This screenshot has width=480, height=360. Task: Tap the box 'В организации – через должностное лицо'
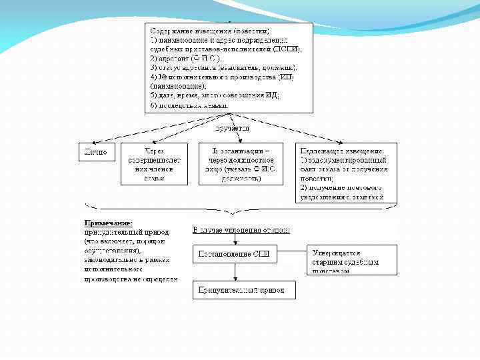tap(240, 163)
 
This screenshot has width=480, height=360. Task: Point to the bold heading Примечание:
tap(108, 223)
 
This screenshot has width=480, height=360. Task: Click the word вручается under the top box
tap(231, 127)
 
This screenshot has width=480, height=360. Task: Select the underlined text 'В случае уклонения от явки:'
tap(241, 230)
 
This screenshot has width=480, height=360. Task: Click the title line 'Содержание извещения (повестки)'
tap(210, 31)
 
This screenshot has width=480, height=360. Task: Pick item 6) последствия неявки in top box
tap(189, 105)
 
